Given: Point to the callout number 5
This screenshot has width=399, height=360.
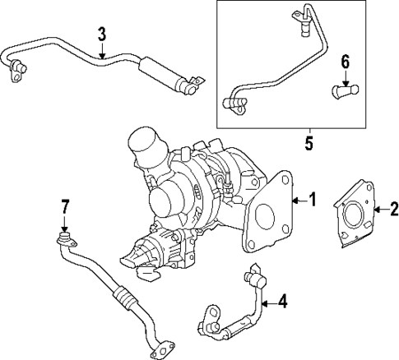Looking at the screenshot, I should coord(309,141).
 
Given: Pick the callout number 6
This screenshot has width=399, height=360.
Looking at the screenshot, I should coord(346,61).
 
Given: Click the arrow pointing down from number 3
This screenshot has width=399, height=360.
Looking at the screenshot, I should coord(101,52).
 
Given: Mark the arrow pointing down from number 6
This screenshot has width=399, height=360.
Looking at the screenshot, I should coord(346,76).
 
